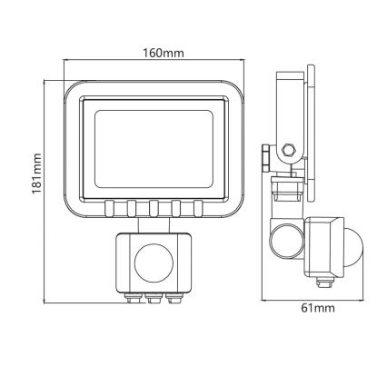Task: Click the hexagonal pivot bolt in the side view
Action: (289, 151)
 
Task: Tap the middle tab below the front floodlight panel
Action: (154, 208)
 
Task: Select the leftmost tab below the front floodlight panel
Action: (109, 208)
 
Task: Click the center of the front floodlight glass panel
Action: (154, 145)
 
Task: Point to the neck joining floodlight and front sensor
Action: (154, 225)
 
